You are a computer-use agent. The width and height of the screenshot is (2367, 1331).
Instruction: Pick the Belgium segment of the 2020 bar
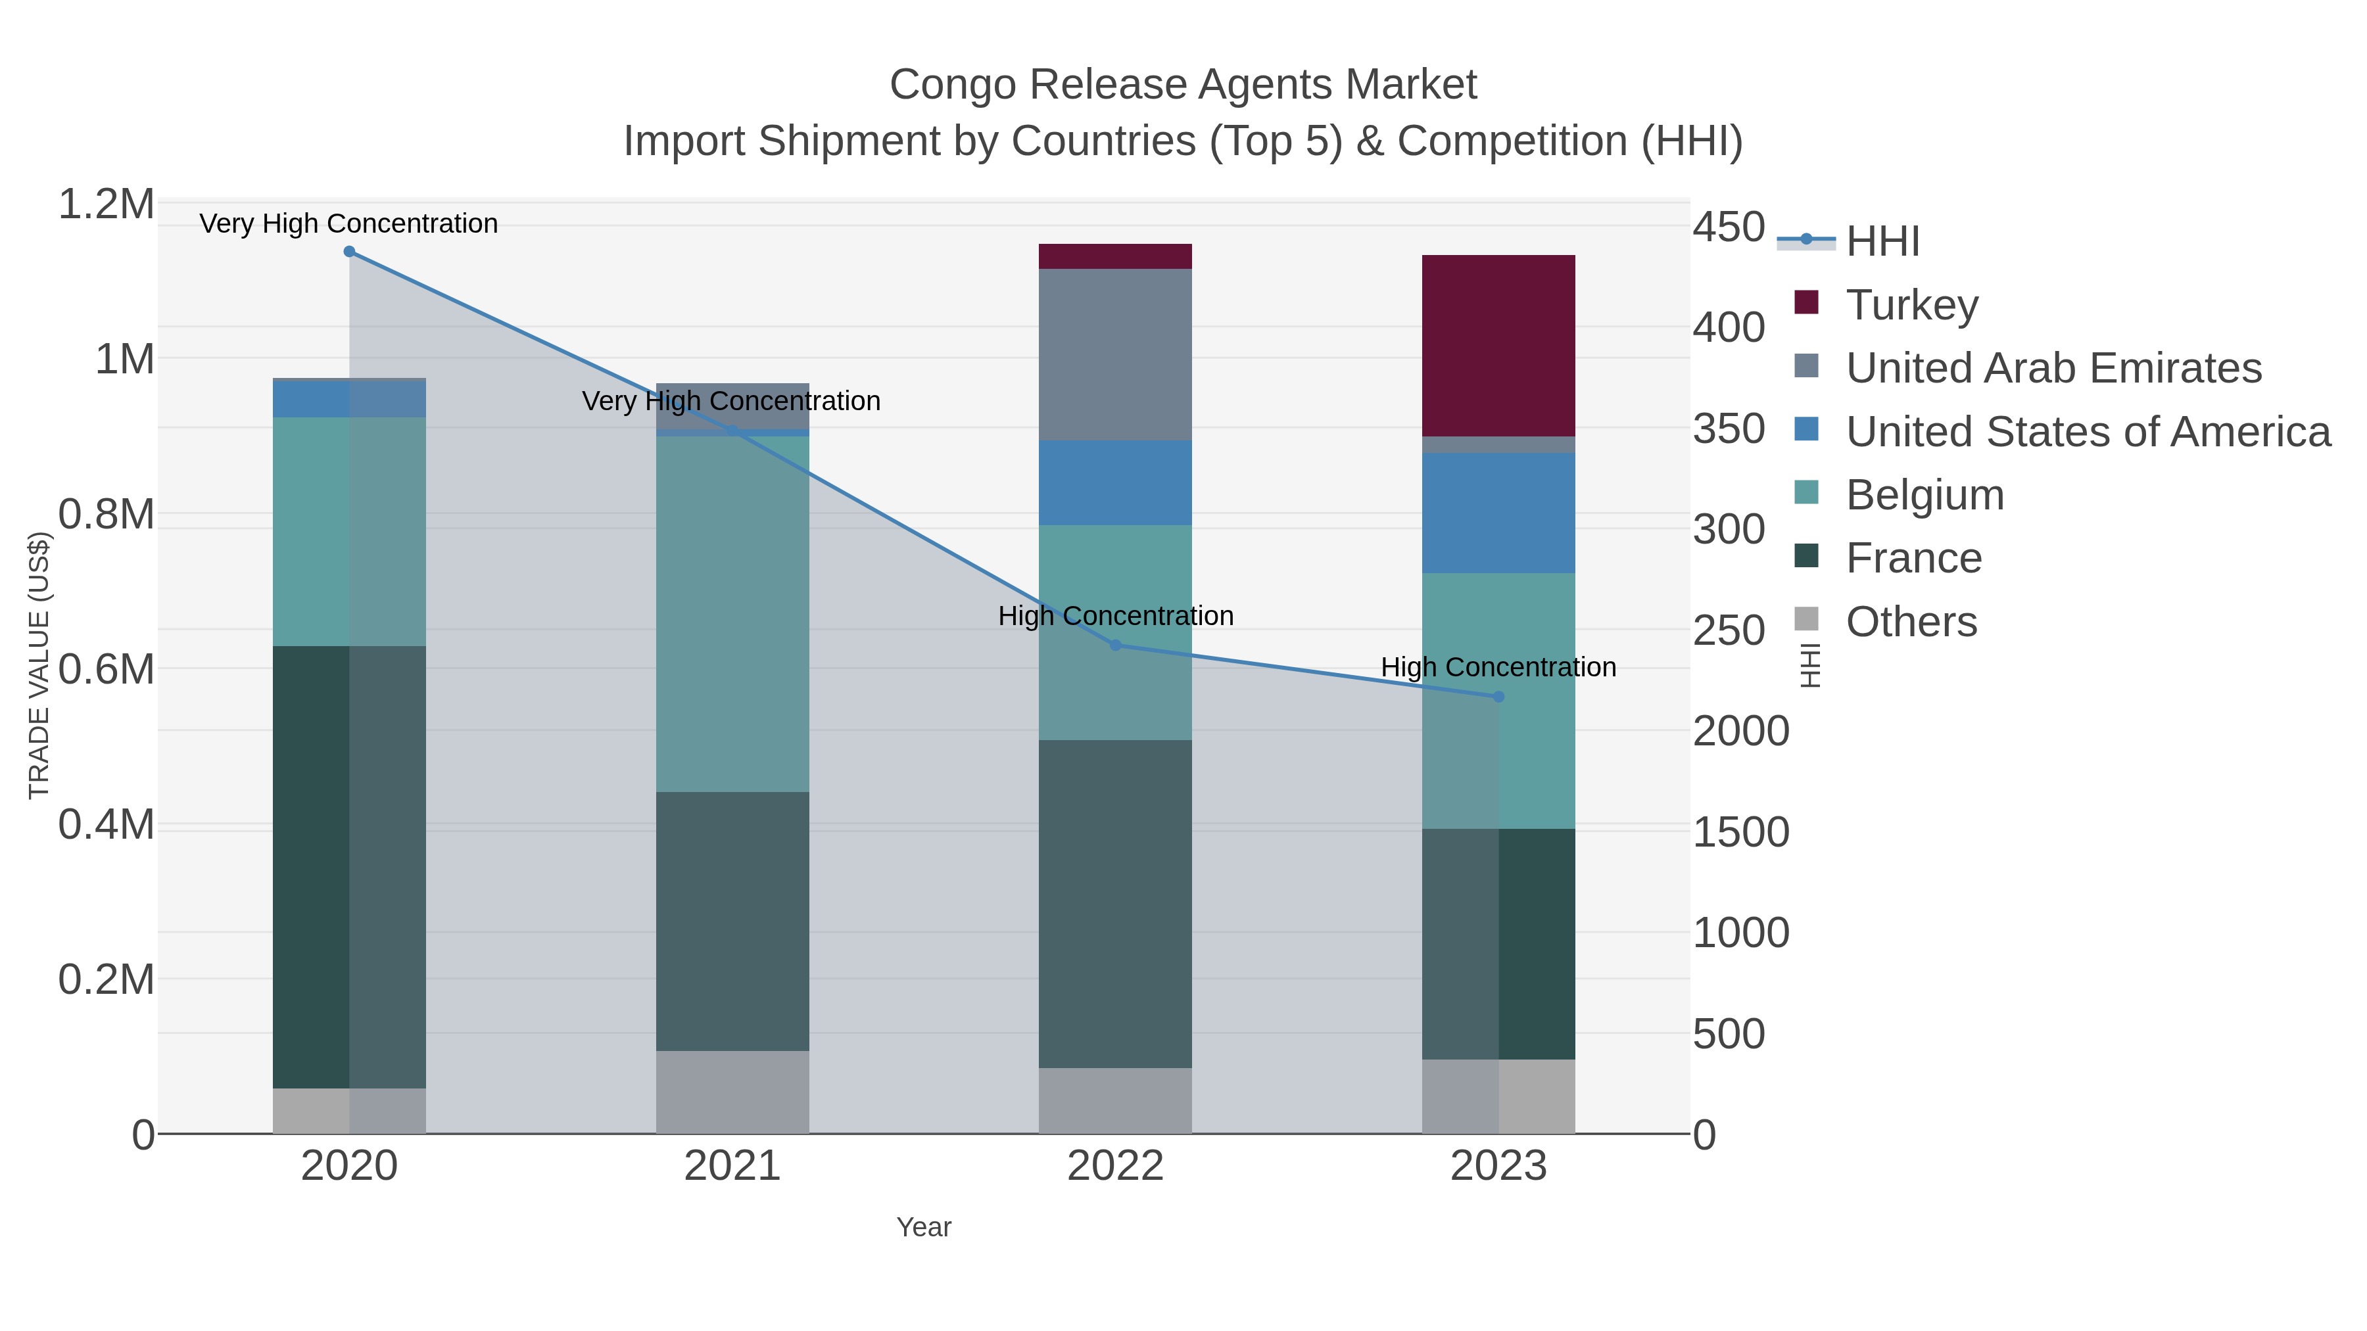point(349,531)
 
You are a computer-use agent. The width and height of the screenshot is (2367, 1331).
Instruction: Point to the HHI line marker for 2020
point(349,252)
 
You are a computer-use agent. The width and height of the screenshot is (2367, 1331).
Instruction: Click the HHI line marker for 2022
point(1116,645)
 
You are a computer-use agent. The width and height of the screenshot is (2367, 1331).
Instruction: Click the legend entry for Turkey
point(1911,305)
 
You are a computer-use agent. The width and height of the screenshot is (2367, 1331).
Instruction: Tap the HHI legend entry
point(1882,242)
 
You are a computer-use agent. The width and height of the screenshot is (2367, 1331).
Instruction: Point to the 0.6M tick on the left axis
point(106,670)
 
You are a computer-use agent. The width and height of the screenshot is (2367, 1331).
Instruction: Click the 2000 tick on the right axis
point(1740,731)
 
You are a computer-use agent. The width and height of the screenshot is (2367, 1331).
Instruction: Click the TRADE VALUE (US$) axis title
point(39,665)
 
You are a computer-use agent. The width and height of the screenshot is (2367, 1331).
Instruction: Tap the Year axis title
point(924,1227)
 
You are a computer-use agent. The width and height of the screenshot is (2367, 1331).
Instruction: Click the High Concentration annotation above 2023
point(1498,667)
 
